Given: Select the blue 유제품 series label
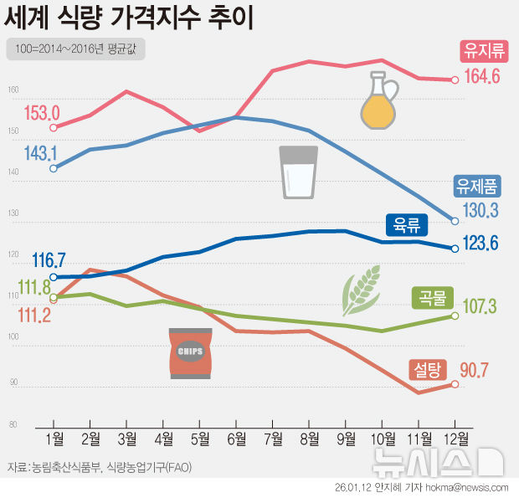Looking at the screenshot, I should tap(476, 185).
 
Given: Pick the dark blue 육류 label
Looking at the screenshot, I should tap(407, 224).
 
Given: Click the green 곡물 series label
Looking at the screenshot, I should tap(433, 297).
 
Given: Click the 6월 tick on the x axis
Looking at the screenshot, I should tap(237, 439).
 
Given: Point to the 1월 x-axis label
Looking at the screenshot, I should tap(53, 439).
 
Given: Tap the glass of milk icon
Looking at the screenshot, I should tap(299, 172).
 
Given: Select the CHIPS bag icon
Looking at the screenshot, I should tap(191, 352).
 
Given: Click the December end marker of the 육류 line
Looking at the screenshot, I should tap(455, 248).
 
